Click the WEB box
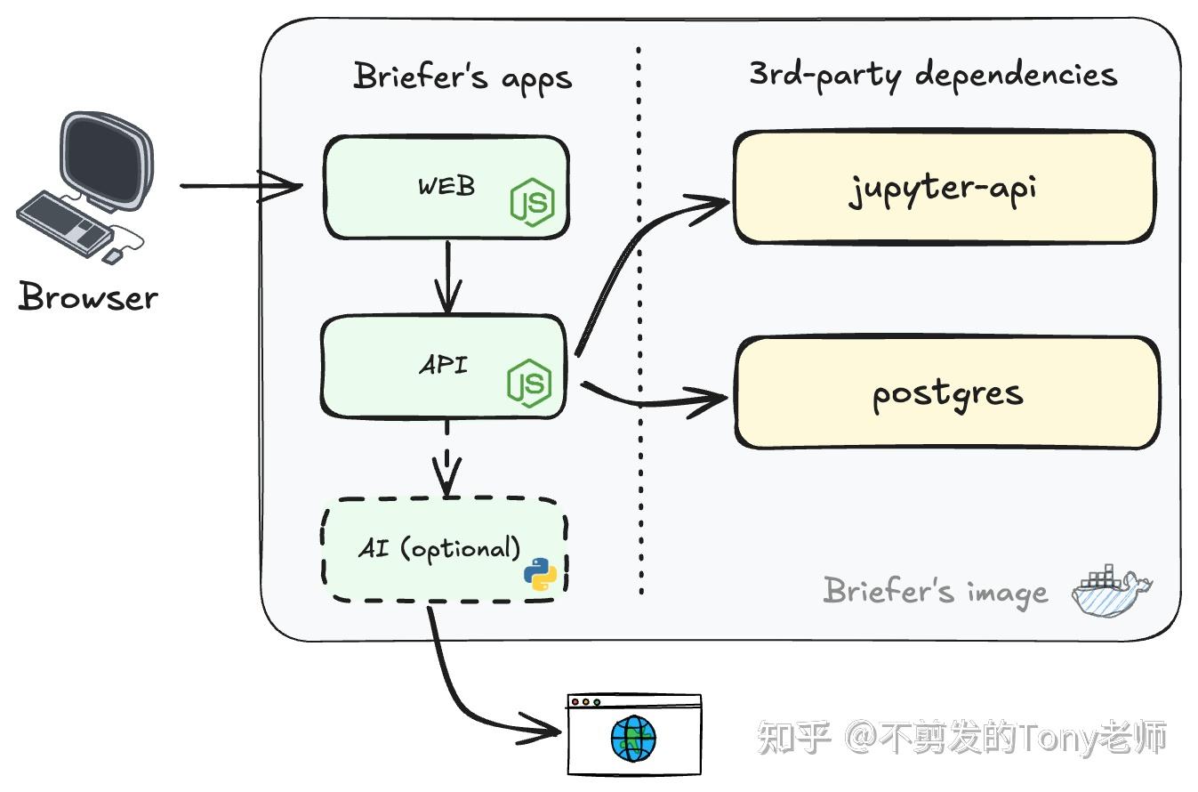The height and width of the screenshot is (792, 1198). (427, 188)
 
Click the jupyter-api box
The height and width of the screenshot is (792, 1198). (943, 188)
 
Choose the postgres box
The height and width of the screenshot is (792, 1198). (946, 392)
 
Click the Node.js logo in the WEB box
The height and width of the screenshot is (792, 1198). (532, 203)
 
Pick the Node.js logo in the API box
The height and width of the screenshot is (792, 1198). (530, 384)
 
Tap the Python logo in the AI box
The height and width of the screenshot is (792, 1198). (540, 575)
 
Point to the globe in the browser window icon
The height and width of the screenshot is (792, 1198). (633, 739)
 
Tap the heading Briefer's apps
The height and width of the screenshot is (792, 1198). (462, 77)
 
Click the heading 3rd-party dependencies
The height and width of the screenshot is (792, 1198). (932, 74)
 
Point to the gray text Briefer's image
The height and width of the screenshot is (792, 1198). (935, 591)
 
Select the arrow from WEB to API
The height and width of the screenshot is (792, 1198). (447, 276)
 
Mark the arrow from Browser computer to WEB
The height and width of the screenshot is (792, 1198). (240, 187)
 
